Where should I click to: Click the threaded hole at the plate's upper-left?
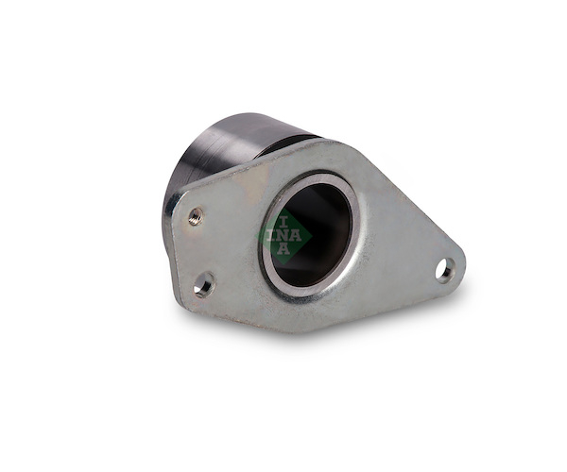point(196,216)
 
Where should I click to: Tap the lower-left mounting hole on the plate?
point(204,283)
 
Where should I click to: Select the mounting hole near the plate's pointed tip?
point(445,270)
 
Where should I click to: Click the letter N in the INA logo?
point(283,236)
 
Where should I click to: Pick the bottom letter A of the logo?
point(283,249)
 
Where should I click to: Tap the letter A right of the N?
point(296,236)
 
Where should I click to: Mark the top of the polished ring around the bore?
point(318,177)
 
